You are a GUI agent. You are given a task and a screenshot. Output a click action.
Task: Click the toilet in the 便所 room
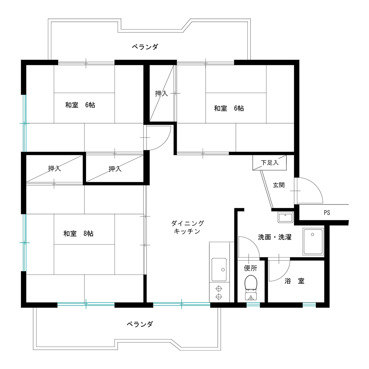[x=251, y=287]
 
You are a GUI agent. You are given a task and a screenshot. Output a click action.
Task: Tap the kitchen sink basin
[x=219, y=269]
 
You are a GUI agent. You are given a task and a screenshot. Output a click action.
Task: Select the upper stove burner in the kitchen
[x=219, y=288]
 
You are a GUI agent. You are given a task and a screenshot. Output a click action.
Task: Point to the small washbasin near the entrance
[x=286, y=217]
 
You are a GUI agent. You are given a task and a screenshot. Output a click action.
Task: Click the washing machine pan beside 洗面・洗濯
[x=313, y=241]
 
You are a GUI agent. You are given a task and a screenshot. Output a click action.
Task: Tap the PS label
[x=327, y=213]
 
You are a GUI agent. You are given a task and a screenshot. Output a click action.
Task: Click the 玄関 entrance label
[x=279, y=185]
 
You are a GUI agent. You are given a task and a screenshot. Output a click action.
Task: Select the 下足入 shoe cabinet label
[x=270, y=163]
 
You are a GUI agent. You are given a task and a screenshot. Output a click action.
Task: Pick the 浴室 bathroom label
[x=294, y=281]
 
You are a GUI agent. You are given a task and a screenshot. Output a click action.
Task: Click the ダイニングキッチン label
[x=187, y=227]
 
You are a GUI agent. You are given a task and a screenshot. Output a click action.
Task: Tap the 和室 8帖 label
[x=78, y=234]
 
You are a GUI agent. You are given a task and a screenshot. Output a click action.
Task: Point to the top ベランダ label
[x=145, y=46]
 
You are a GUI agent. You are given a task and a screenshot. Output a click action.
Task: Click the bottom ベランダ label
[x=140, y=324]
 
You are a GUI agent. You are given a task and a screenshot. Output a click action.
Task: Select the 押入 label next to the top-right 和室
[x=162, y=93]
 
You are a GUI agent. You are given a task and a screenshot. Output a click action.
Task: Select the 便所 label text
[x=251, y=268]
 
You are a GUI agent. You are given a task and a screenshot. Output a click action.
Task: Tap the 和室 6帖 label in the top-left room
[x=80, y=105]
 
